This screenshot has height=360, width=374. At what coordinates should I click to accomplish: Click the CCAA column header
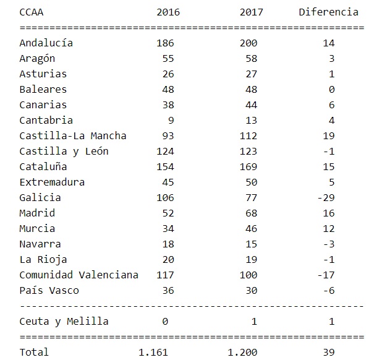(32, 12)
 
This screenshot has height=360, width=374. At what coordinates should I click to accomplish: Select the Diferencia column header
(328, 12)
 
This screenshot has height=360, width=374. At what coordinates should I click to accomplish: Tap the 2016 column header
(166, 12)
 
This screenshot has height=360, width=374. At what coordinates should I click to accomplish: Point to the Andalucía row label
(46, 43)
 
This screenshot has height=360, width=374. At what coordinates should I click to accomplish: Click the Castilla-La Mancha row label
(74, 135)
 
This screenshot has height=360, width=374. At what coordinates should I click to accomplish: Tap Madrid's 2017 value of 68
(251, 213)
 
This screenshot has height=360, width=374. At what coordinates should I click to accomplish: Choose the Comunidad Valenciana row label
(79, 275)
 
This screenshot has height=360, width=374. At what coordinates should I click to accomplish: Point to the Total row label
(34, 352)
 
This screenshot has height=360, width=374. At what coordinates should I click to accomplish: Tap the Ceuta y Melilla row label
(64, 321)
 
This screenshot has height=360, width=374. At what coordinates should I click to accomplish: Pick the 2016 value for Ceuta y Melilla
(171, 321)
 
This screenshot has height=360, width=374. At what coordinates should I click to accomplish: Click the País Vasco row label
(49, 290)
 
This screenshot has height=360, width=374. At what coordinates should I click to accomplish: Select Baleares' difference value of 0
(331, 89)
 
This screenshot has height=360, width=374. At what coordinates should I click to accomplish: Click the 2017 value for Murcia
(251, 228)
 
